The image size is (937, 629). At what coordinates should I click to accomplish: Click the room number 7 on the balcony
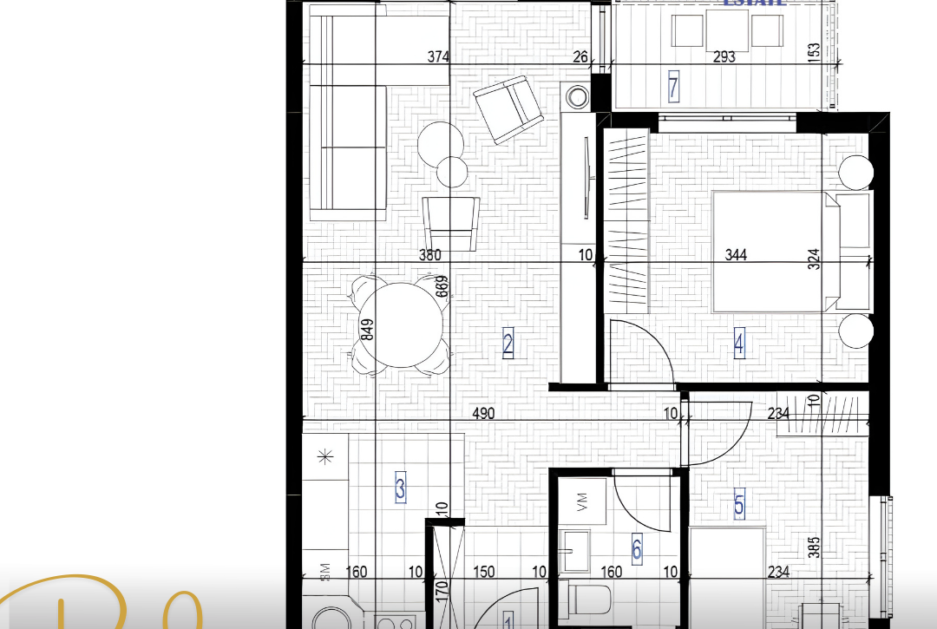[673, 87]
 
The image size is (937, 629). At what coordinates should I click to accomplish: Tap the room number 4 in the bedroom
[738, 344]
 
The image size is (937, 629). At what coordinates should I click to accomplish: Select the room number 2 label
[508, 344]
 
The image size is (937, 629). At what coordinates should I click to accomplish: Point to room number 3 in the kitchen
[400, 488]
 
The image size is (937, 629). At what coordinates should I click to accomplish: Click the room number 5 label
[738, 504]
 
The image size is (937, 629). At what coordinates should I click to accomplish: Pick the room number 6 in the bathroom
[637, 549]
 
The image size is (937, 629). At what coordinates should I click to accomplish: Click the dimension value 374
[439, 57]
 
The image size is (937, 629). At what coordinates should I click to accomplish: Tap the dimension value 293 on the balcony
[724, 57]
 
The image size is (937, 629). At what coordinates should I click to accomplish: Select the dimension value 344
[736, 255]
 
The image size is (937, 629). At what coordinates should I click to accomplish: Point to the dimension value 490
[483, 415]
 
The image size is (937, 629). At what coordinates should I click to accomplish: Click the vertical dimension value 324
[814, 259]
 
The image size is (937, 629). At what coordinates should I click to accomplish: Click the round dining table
[402, 325]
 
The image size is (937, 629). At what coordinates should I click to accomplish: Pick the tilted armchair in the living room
[508, 109]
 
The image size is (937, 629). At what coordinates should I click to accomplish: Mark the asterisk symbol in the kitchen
[325, 456]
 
